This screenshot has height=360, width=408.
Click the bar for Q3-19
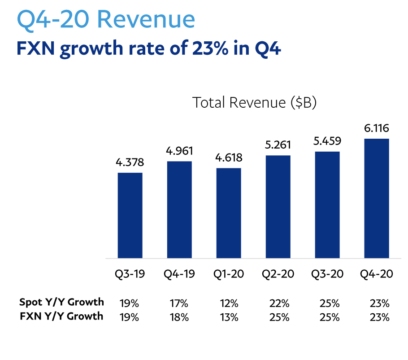(130, 215)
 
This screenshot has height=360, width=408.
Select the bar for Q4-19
(179, 210)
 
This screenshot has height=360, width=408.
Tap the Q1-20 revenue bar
(229, 213)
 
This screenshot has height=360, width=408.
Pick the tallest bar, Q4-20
(377, 198)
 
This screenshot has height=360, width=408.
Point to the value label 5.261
(278, 145)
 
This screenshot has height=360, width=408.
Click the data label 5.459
(327, 141)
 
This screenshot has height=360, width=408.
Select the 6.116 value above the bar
(377, 128)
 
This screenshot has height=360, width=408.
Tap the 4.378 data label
(130, 162)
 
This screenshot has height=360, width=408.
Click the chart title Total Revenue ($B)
(255, 103)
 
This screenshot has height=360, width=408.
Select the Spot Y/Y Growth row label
(61, 302)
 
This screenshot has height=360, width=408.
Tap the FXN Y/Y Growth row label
(61, 316)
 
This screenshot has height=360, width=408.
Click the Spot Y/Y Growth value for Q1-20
(229, 303)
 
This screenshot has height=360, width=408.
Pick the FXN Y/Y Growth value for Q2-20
(279, 317)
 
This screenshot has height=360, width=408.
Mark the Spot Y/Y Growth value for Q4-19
(179, 303)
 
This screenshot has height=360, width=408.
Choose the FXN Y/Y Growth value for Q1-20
(229, 317)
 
